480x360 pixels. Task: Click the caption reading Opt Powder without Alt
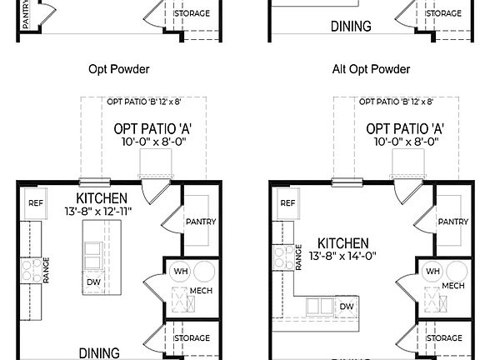coord(124,70)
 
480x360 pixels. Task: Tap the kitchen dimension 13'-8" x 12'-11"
coord(102,212)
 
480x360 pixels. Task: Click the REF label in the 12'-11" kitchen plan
coord(36,202)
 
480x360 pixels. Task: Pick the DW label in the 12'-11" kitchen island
coord(93,282)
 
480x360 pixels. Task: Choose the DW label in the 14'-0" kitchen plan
coord(347,307)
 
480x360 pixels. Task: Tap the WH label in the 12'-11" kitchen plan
coord(180,272)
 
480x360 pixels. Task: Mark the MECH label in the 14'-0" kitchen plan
coord(453,286)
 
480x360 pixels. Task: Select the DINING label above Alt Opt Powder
coord(351,27)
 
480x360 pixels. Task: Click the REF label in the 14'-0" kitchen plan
coord(287,202)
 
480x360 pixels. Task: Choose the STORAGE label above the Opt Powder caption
coord(192,13)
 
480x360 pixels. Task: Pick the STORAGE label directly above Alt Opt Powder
coord(443,13)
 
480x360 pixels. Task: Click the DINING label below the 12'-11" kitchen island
coord(99,353)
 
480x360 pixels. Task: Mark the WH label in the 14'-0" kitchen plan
coord(432,272)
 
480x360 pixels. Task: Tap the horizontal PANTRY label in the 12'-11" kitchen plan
coord(201,222)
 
